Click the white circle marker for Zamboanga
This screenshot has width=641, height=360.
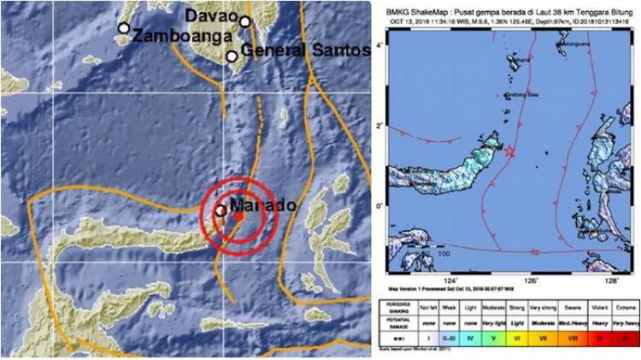124,28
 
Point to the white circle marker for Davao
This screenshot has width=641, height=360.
245,22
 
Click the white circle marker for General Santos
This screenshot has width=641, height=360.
232,56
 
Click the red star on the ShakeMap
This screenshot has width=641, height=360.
511,151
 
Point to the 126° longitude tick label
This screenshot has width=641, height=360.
531,280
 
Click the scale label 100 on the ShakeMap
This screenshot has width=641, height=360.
444,253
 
